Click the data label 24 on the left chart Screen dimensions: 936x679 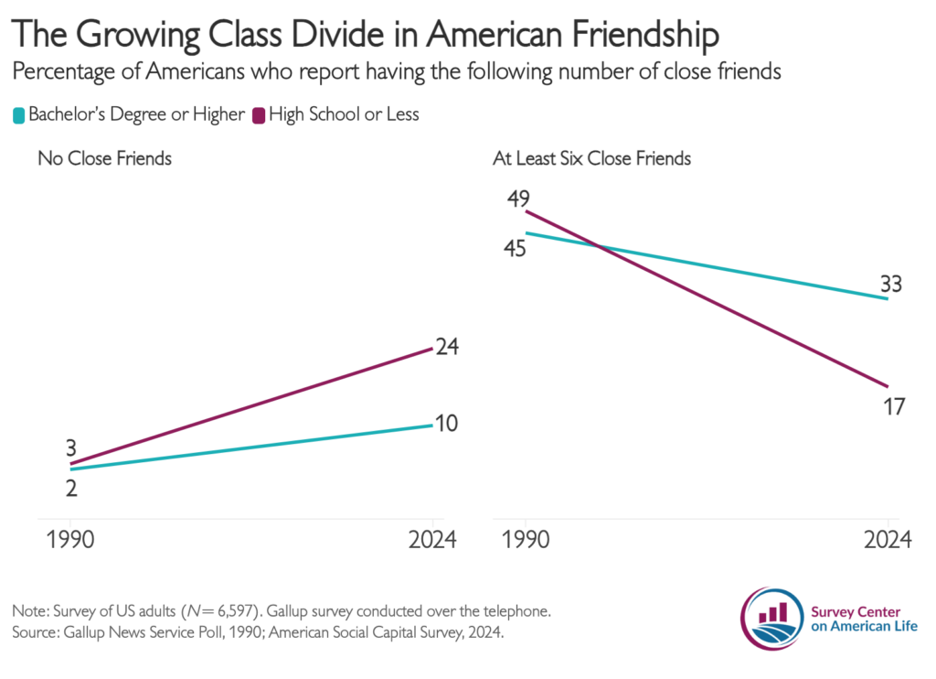coord(447,347)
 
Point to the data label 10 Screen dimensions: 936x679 coord(446,423)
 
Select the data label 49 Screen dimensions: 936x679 coord(518,199)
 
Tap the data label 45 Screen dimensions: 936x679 coord(515,248)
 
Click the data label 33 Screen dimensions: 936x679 coord(891,284)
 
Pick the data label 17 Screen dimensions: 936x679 coord(894,407)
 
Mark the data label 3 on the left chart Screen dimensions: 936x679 coord(71,447)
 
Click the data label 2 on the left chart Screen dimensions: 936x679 coord(71,489)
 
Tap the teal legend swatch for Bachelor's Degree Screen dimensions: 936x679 coord(19,115)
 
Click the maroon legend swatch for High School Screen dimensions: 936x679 coord(259,115)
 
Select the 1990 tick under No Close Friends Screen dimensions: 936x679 coord(70,539)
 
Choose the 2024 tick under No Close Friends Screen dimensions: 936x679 coord(432,539)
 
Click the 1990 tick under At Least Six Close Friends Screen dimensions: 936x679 coord(526,539)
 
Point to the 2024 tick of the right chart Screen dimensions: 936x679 coord(888,539)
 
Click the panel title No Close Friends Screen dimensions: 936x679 coord(104,158)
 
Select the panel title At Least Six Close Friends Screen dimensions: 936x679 coord(591,158)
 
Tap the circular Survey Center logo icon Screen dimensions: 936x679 coord(772,619)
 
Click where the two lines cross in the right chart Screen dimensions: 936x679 coord(598,245)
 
